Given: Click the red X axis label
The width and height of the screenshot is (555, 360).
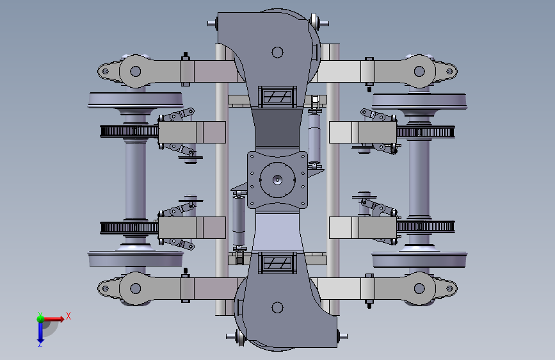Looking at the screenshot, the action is [x=68, y=316].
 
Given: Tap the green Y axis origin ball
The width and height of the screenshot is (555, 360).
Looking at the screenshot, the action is [x=41, y=319].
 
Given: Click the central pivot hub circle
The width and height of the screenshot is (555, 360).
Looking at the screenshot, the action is [x=278, y=179].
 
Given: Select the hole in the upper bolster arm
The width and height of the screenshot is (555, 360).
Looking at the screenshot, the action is [x=278, y=53].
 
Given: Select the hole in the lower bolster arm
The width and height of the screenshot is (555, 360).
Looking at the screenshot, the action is [x=278, y=307].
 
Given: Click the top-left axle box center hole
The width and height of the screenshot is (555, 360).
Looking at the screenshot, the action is [x=136, y=71].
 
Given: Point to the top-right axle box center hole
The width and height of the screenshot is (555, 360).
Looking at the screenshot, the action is [x=419, y=71].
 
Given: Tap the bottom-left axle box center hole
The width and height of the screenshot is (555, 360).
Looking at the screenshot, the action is [x=136, y=288].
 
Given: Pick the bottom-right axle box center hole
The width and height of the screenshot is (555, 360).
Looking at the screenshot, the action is [x=419, y=288].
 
